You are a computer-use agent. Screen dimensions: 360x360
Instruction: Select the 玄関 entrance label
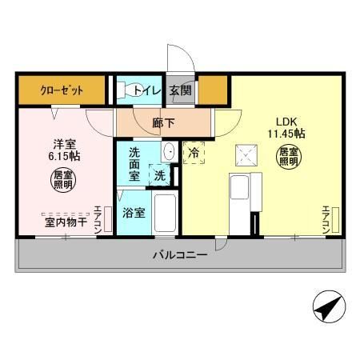179,90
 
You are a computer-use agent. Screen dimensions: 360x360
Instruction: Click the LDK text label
286,122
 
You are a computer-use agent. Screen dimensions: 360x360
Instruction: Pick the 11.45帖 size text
286,134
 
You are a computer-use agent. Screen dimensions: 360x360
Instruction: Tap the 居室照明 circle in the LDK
290,156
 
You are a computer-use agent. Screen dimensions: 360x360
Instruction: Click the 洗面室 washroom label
134,164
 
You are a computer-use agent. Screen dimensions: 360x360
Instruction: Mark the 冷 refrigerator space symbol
193,151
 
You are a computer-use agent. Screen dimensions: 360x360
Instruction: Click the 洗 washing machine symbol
161,174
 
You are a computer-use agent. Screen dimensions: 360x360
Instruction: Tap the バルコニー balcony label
181,256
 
